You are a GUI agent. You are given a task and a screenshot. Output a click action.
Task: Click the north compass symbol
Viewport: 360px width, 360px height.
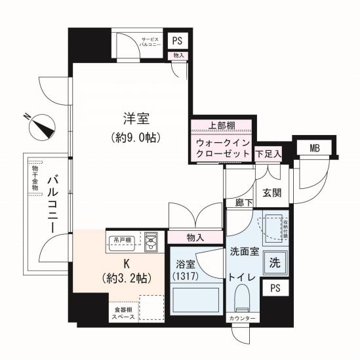[43, 126]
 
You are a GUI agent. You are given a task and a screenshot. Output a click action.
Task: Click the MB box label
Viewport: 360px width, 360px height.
[315, 148]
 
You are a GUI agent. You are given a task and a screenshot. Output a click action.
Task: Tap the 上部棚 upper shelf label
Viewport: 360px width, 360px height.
[222, 126]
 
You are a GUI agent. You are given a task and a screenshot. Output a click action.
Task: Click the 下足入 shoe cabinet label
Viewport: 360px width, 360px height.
[268, 154]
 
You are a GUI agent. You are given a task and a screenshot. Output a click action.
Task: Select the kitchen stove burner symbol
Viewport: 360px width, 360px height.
[151, 242]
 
